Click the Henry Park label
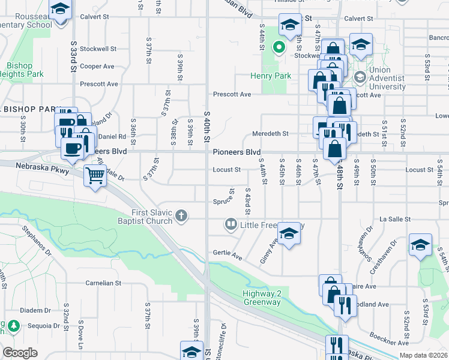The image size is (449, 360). (x=271, y=76)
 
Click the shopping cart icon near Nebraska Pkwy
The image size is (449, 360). (x=95, y=176)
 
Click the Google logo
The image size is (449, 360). (x=20, y=353)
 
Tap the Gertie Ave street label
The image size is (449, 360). (x=226, y=254)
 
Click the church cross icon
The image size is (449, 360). (x=182, y=215)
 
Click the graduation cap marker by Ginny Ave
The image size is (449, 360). (x=289, y=234)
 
